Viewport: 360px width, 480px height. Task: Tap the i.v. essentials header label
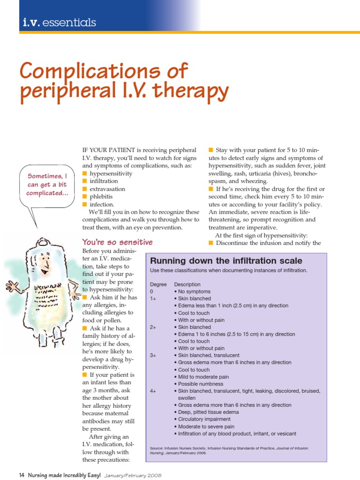click(x=59, y=22)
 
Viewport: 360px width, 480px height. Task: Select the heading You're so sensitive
click(x=117, y=242)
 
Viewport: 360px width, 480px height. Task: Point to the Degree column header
click(x=157, y=284)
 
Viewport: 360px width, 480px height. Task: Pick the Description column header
click(x=187, y=284)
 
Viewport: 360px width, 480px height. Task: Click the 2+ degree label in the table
click(x=153, y=327)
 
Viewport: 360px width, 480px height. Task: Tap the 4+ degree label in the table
click(x=153, y=391)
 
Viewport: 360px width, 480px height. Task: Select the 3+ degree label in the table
click(x=153, y=355)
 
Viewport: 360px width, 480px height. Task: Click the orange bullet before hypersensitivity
click(x=85, y=173)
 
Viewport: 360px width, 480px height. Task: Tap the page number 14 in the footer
click(x=22, y=475)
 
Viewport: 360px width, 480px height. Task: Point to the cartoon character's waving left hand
click(x=11, y=285)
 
